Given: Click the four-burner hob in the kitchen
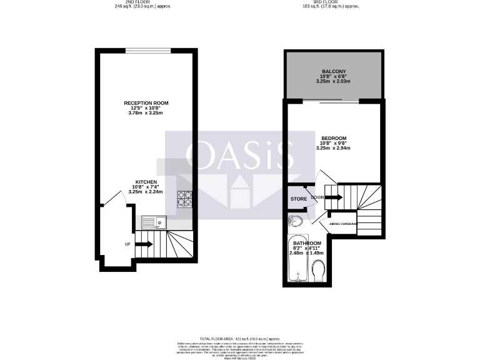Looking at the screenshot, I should coord(185,198).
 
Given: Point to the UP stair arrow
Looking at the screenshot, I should coord(143,244).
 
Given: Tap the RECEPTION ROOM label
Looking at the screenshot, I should coord(146,102).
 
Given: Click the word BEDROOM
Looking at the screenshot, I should coord(333,138).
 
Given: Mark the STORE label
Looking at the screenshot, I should coord(298,199).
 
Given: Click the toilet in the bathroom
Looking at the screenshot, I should coord(317,271).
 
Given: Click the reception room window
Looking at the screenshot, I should coord(147,50).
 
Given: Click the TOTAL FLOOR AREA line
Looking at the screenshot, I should coord(240,337).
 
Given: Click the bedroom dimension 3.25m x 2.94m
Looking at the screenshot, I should coord(333,148).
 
